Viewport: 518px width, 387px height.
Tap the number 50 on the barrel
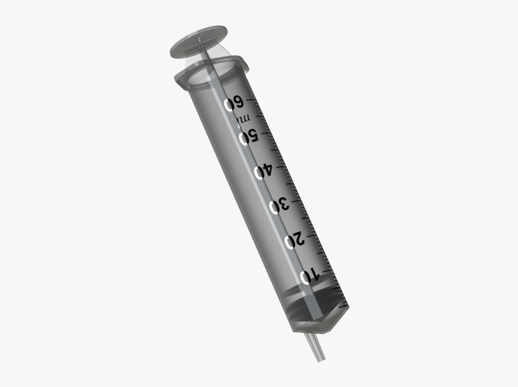(x=249, y=137)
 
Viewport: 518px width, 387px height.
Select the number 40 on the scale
(x=264, y=172)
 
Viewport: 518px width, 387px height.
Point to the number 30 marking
(x=279, y=206)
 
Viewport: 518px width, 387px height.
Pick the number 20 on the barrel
(x=294, y=241)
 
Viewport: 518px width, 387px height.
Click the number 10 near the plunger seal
(x=308, y=276)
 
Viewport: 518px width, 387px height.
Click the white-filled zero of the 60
(x=229, y=105)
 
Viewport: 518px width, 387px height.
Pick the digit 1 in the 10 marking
(x=314, y=274)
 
